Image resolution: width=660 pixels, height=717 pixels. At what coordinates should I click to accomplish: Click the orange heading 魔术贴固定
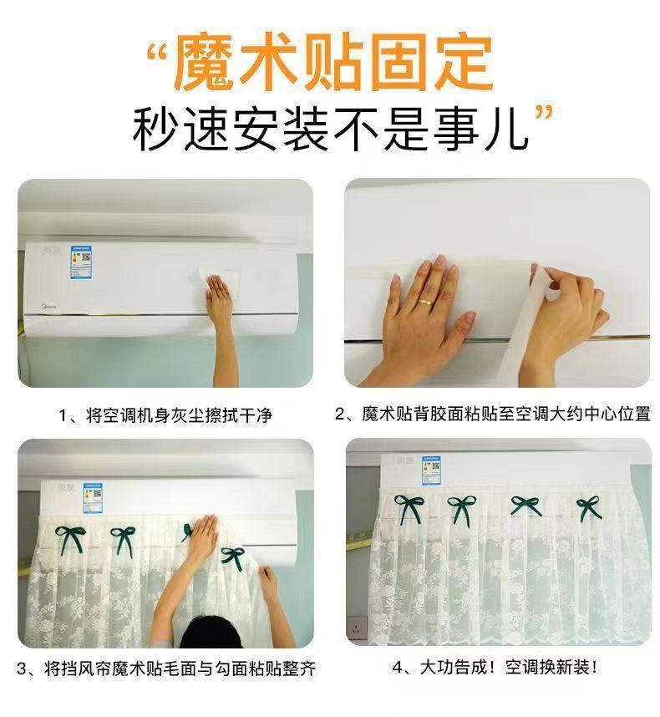click(333, 64)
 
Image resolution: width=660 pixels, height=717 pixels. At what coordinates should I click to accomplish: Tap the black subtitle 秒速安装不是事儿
click(330, 129)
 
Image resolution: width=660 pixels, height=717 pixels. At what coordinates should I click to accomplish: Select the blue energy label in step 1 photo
click(81, 262)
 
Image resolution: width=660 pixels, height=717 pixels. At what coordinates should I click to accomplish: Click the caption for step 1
click(165, 415)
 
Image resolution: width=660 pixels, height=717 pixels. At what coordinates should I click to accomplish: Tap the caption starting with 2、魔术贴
click(493, 414)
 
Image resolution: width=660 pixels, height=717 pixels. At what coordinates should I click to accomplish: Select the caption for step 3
click(166, 669)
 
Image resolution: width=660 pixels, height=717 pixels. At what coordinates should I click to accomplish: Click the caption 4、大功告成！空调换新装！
click(495, 668)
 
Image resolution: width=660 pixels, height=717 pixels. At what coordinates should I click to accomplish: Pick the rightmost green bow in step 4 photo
click(589, 508)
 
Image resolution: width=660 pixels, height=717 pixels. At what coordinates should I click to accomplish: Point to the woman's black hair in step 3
click(211, 632)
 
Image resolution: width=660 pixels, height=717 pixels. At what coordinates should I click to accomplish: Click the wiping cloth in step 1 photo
click(216, 281)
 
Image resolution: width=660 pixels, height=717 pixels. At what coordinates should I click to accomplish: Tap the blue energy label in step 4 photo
click(431, 470)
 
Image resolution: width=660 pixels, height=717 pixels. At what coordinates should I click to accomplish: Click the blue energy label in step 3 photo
click(93, 498)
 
